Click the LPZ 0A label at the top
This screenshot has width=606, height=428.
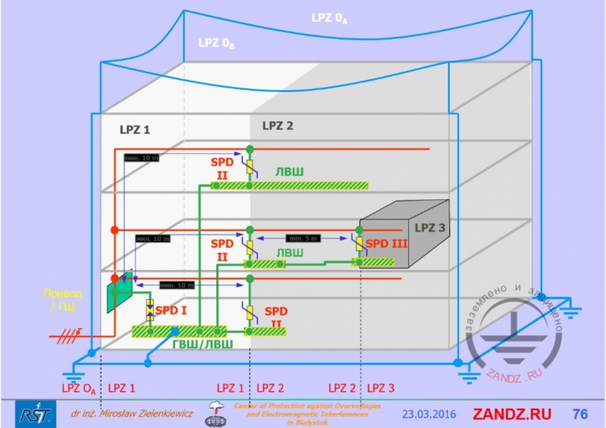tap(328, 18)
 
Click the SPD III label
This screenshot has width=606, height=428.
tap(388, 243)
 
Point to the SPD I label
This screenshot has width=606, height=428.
tap(171, 310)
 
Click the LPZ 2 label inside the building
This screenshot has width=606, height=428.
tap(278, 126)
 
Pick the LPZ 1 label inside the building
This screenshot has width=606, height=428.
tap(135, 129)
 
